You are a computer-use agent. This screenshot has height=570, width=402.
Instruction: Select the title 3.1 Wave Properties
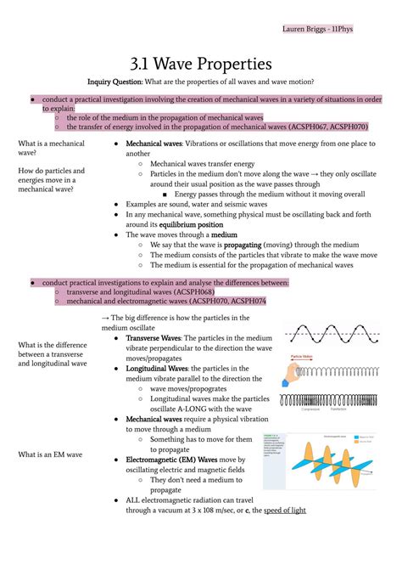[201, 64]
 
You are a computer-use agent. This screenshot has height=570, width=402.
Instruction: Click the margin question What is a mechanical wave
[50, 149]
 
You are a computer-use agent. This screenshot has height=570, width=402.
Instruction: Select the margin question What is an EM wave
[49, 454]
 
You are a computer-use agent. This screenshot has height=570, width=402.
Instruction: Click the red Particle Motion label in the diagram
[303, 357]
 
